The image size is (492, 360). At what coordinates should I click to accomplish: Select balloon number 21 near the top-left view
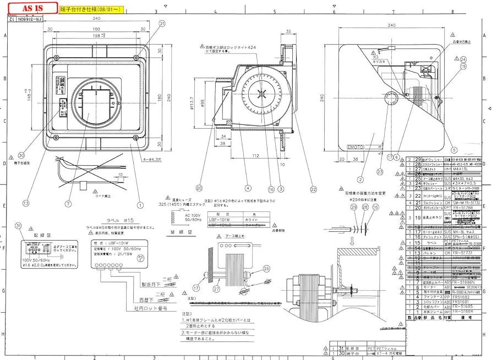(162, 24)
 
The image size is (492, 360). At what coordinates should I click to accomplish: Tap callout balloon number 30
(21, 155)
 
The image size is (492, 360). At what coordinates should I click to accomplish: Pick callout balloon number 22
(313, 189)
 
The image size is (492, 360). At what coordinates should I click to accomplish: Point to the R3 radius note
(374, 57)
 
